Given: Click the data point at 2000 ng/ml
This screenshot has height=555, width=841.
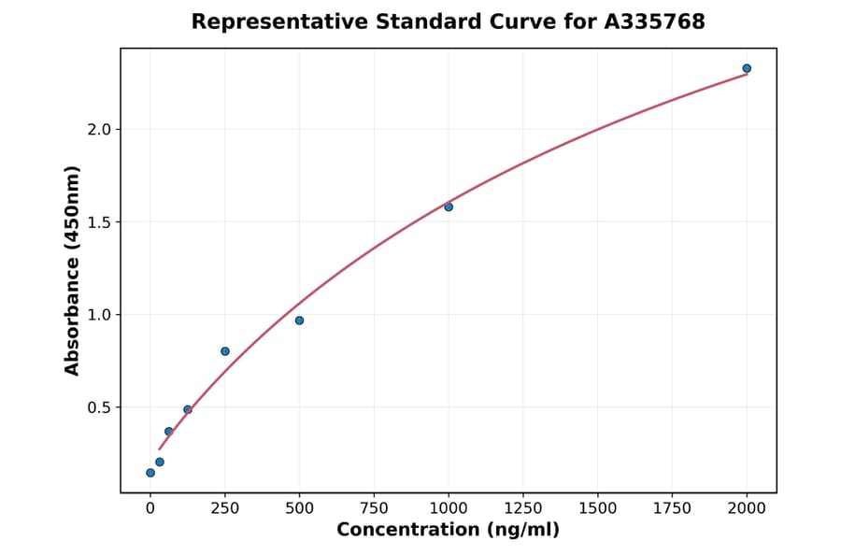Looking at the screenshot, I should tap(747, 68).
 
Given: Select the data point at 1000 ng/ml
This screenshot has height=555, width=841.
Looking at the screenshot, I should tap(449, 206).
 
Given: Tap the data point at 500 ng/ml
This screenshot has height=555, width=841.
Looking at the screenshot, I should tap(299, 320).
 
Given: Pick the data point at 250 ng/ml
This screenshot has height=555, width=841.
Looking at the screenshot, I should tap(225, 351).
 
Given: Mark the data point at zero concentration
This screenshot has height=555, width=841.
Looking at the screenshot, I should tap(150, 473).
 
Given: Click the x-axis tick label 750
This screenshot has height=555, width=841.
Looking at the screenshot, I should tap(374, 508).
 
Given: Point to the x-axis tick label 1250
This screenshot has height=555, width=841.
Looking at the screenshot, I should tap(523, 508).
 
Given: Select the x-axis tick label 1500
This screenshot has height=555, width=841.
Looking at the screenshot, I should tap(598, 508).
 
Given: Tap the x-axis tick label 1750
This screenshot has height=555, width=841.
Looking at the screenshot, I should tap(672, 508).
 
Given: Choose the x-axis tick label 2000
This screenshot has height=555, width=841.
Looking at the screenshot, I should tap(747, 508).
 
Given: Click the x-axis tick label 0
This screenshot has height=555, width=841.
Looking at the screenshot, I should tap(150, 508).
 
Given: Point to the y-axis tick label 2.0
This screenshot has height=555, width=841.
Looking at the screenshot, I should tap(99, 129).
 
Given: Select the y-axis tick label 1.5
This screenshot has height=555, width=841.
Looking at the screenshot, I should tap(99, 222).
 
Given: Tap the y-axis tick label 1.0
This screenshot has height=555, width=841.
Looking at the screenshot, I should tap(99, 315).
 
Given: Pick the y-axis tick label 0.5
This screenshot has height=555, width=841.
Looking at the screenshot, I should tap(99, 407).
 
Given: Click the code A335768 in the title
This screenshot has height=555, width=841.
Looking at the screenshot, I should tap(654, 21).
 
